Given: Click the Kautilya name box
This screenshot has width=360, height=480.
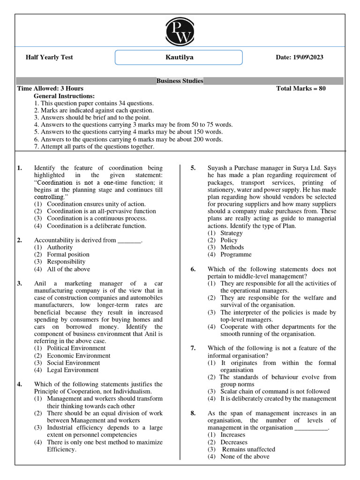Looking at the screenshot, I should pyautogui.click(x=179, y=58).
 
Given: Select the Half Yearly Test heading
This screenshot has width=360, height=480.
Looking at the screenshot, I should pyautogui.click(x=49, y=58).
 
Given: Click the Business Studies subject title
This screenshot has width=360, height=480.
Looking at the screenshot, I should pyautogui.click(x=180, y=81).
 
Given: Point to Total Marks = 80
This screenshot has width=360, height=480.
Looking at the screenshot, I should pyautogui.click(x=301, y=89).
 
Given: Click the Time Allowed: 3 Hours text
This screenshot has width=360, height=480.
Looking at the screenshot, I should pyautogui.click(x=50, y=89).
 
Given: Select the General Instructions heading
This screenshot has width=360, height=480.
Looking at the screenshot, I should pyautogui.click(x=64, y=96).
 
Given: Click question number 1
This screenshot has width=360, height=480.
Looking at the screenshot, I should pyautogui.click(x=20, y=168).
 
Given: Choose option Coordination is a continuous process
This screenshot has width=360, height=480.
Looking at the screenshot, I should pyautogui.click(x=96, y=218).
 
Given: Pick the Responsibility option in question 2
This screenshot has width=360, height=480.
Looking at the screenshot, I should pyautogui.click(x=66, y=262).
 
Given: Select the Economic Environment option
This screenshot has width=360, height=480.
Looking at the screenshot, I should pyautogui.click(x=78, y=355).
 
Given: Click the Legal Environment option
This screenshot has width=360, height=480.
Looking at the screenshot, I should pyautogui.click(x=72, y=370).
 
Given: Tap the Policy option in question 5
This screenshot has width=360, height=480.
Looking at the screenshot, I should pyautogui.click(x=229, y=240).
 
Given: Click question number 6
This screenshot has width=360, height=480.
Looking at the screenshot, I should pyautogui.click(x=193, y=269).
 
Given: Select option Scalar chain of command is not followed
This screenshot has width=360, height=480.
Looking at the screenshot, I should pyautogui.click(x=275, y=391).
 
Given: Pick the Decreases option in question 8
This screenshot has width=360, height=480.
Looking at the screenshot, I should pyautogui.click(x=233, y=442).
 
